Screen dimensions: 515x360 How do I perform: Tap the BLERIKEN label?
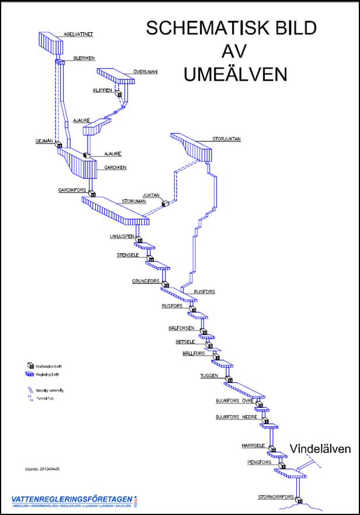[x=84, y=58]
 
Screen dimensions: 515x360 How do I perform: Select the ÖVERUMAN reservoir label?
[x=145, y=72]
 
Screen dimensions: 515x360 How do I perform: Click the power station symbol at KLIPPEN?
[x=118, y=94]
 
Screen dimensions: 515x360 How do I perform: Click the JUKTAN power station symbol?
[x=165, y=203]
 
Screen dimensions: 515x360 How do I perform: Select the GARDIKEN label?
[x=115, y=167]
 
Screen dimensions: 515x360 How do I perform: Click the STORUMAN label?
[x=134, y=201]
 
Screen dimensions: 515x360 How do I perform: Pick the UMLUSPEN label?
[x=122, y=236]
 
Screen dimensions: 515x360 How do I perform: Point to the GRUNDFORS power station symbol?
[x=165, y=285]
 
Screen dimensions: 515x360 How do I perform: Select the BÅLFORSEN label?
[x=180, y=328]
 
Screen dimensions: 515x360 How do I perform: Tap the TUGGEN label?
[x=209, y=375]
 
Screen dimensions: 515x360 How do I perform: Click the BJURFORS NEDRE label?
[x=236, y=417]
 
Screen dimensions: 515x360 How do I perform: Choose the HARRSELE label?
[x=253, y=445]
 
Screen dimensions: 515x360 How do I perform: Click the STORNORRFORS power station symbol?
[x=298, y=500]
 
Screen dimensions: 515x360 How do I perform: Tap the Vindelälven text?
[x=320, y=449]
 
